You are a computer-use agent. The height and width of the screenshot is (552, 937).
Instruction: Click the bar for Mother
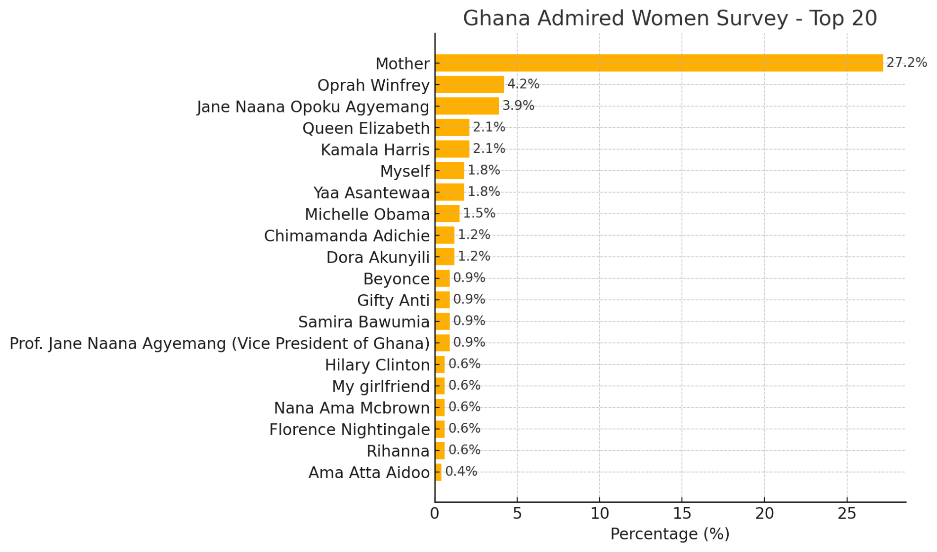659,63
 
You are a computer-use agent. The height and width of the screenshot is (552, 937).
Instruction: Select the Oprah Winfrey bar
469,85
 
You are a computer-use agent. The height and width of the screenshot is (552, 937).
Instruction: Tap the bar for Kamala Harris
452,149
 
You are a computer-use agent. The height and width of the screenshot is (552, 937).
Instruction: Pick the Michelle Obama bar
447,214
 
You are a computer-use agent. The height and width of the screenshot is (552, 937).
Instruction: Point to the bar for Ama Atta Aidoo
438,472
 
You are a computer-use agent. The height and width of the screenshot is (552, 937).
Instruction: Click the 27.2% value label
906,62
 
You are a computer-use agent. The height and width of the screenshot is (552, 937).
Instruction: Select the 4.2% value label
523,84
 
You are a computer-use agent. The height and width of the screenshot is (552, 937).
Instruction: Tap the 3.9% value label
518,105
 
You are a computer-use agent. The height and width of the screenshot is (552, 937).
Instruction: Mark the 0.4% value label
461,471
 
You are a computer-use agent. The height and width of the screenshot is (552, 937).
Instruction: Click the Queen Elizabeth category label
366,128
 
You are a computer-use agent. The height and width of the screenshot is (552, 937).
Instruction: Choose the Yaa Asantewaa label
371,193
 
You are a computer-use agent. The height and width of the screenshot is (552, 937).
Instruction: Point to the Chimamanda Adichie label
346,236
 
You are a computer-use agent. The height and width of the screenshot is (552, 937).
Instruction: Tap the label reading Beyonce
396,279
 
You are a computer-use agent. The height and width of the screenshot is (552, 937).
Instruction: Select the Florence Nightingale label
349,429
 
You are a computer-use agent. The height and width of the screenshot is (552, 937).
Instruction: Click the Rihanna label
398,451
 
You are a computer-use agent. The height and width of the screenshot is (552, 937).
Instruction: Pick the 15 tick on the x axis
681,514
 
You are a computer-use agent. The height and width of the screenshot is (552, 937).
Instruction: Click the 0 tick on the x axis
434,514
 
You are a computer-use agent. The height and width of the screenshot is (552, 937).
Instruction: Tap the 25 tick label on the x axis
847,514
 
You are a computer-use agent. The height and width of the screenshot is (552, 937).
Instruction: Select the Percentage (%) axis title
670,534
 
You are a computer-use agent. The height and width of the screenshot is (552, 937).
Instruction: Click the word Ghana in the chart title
496,18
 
